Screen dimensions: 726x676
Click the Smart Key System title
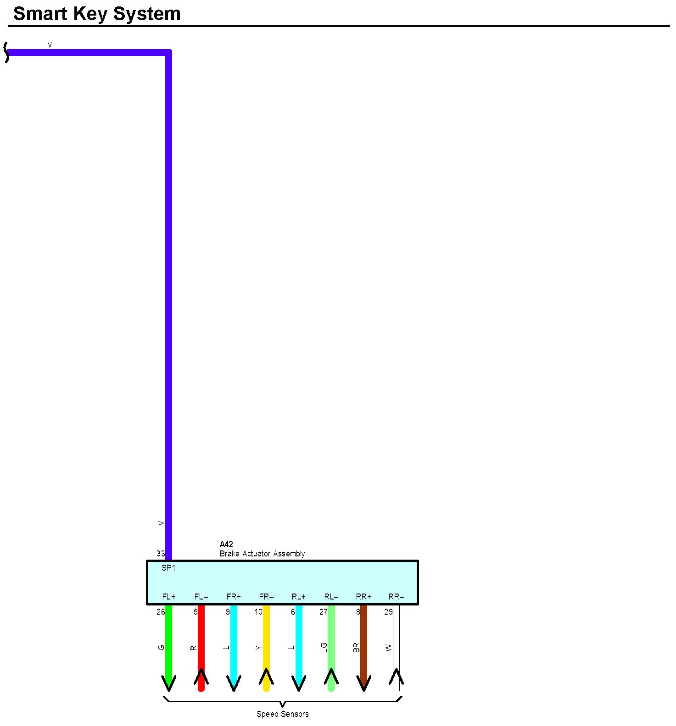point(97,14)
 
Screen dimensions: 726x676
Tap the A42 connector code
point(226,544)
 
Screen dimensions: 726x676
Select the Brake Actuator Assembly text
point(262,554)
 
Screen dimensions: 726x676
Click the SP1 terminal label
point(168,568)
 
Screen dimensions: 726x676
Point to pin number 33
point(161,554)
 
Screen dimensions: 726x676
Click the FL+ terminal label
point(169,597)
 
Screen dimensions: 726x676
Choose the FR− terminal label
point(266,597)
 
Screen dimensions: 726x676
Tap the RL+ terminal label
point(299,597)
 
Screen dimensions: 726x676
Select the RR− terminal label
point(396,597)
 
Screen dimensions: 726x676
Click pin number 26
point(161,612)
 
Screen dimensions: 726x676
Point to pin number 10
point(258,612)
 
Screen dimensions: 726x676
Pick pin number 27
point(324,612)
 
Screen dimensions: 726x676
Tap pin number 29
point(388,612)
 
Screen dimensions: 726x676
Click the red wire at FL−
point(201,642)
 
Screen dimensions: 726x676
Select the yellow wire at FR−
point(266,642)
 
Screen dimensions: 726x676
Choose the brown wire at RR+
point(364,642)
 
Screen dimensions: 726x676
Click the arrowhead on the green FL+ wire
point(169,683)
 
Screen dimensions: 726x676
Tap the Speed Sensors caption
point(282,714)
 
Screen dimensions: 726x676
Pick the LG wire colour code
point(324,648)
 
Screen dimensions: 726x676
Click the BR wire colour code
point(357,648)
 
